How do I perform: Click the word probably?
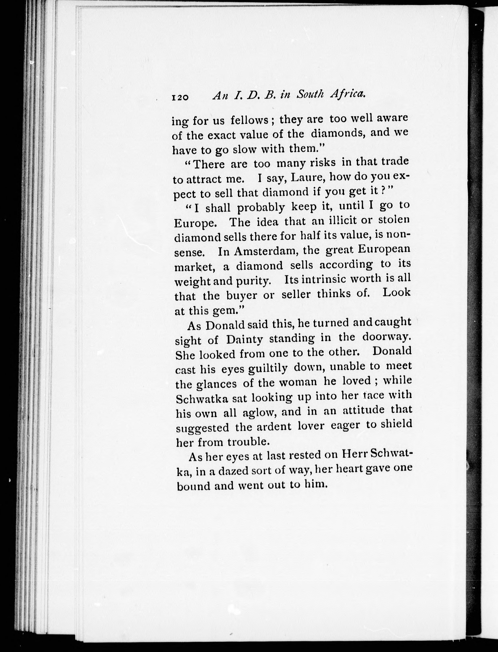pyautogui.click(x=261, y=207)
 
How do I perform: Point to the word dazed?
pyautogui.click(x=237, y=470)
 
